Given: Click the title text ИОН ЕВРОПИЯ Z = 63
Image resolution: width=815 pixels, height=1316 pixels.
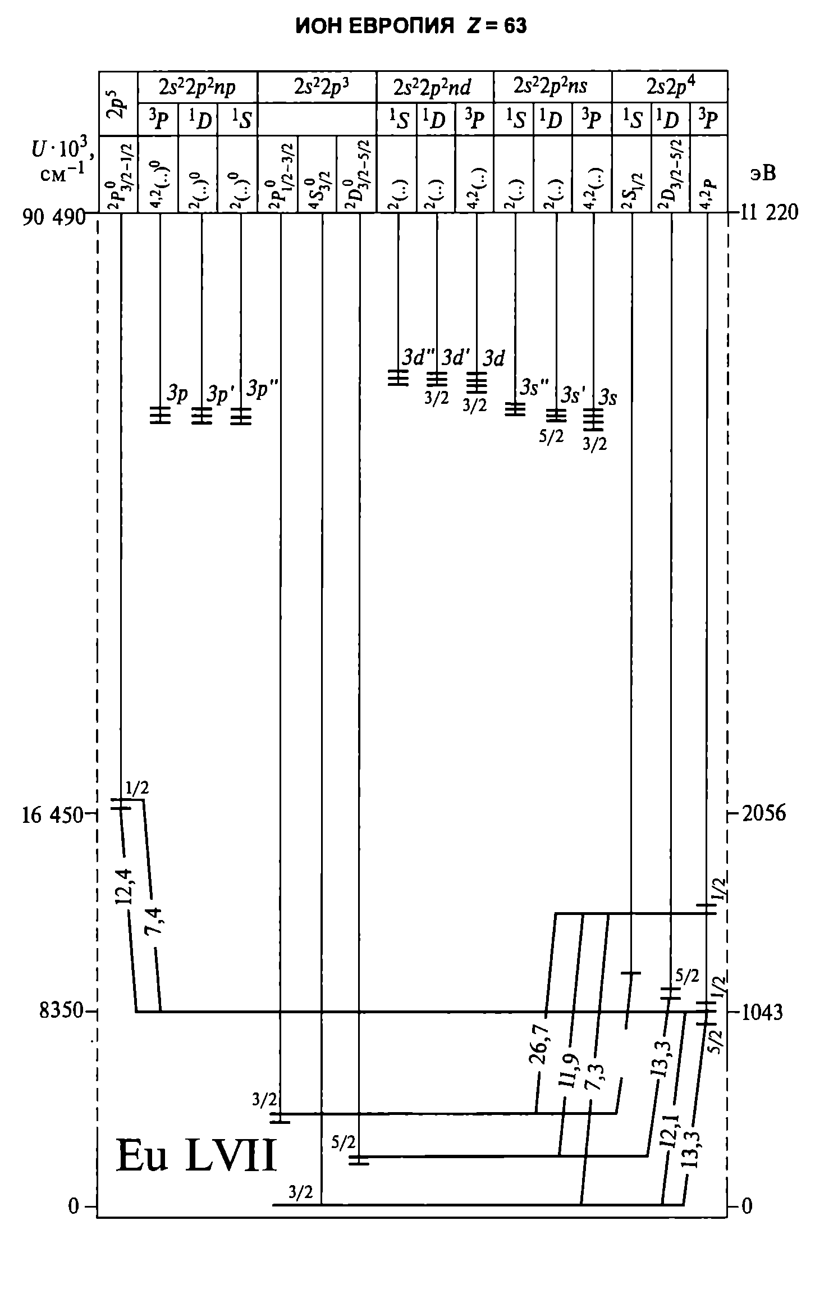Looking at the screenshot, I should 411,26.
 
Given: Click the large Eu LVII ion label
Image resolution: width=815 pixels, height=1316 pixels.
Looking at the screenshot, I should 196,1156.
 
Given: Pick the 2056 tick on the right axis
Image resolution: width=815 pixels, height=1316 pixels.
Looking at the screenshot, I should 763,813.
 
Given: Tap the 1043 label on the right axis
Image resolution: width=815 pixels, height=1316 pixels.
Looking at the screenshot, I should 762,1012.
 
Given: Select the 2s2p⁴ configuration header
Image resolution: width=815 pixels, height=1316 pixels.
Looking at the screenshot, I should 670,87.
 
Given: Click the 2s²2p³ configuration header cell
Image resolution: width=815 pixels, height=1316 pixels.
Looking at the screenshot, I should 317,86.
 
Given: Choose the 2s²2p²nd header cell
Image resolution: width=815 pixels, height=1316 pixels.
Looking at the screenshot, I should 435,87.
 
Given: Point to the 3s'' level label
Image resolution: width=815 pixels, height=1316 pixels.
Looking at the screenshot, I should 533,387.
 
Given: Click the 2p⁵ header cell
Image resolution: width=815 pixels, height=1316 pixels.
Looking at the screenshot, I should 118,103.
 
